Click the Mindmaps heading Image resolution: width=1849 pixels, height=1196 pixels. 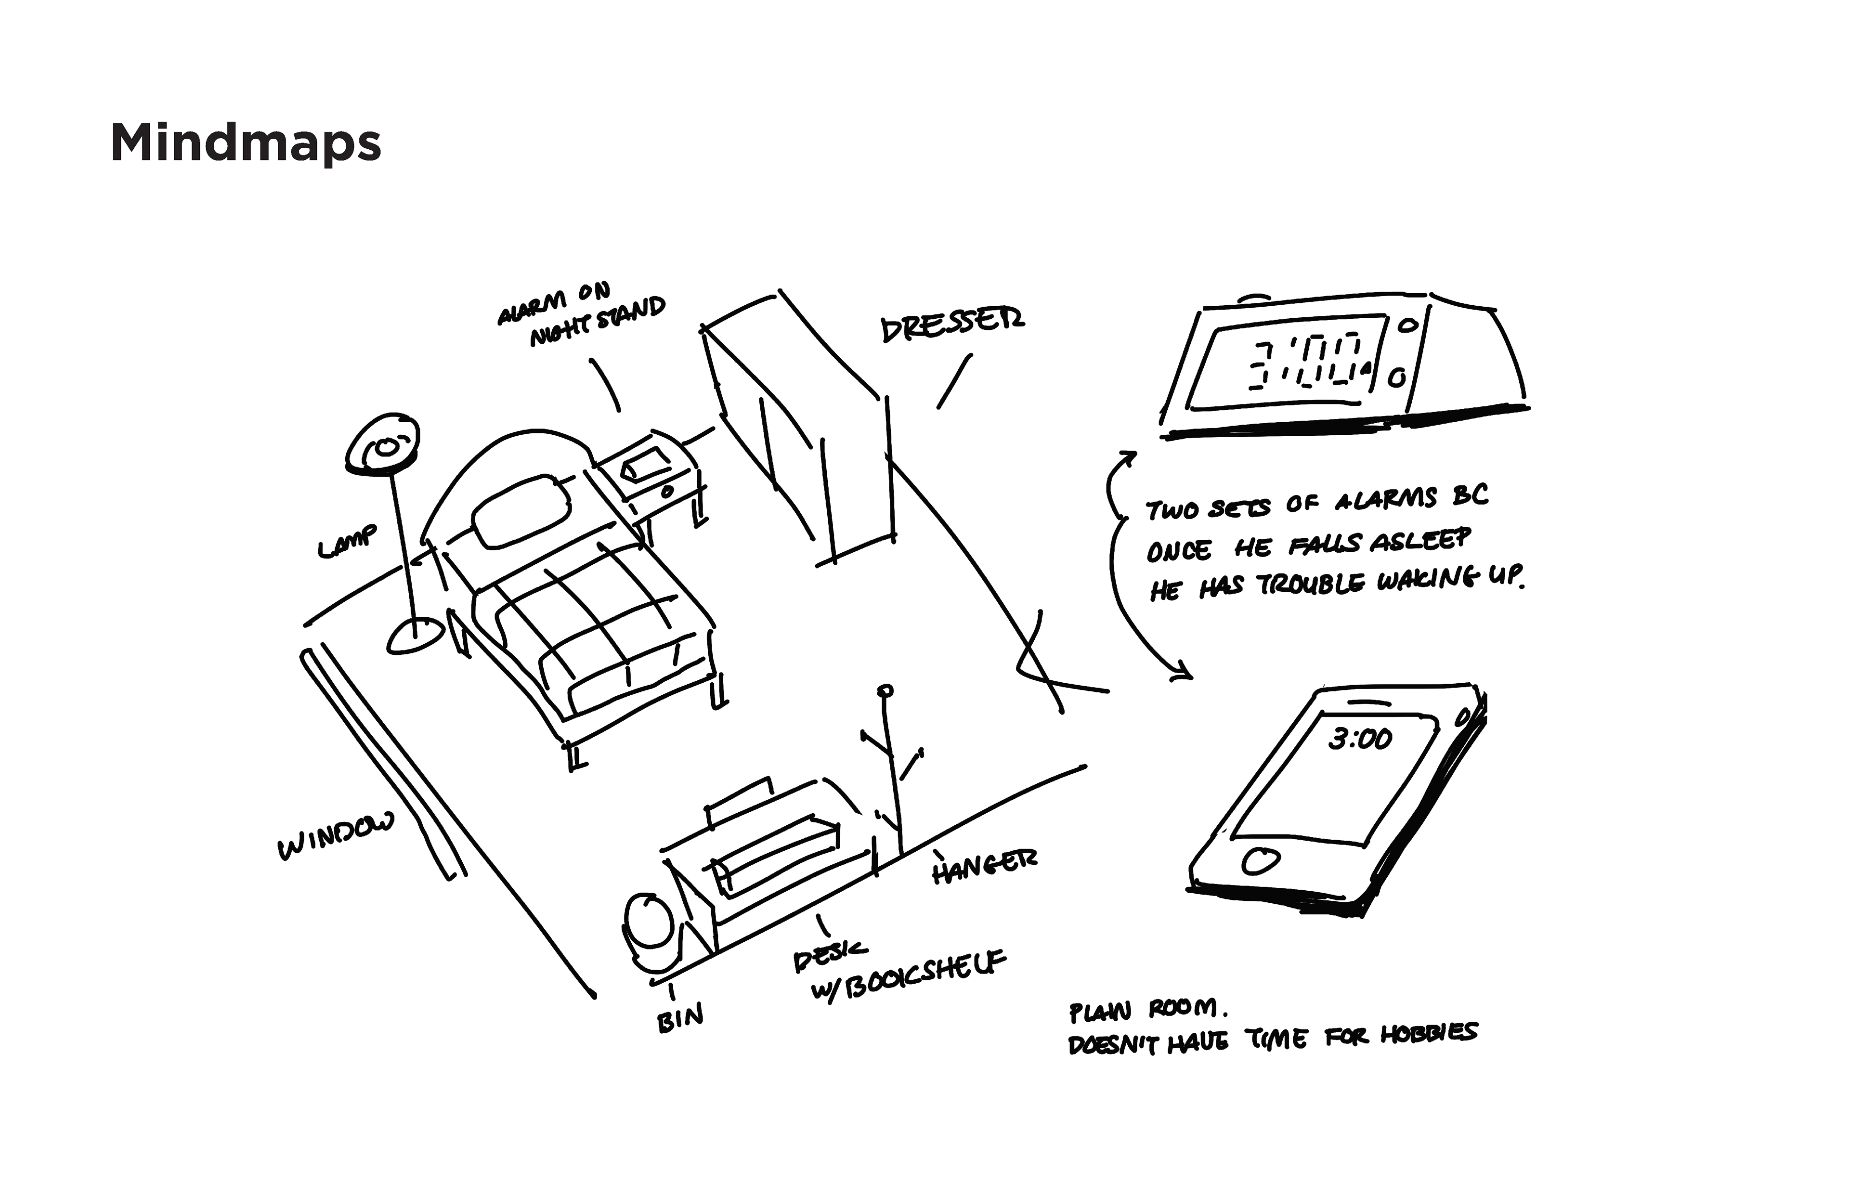pos(246,143)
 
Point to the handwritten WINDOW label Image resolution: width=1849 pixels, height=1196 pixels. pos(336,836)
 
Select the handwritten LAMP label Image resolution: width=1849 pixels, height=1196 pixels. pos(347,541)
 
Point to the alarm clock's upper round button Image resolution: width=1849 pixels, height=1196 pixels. pos(1407,326)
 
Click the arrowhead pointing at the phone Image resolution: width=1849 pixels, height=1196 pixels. pos(1184,672)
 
